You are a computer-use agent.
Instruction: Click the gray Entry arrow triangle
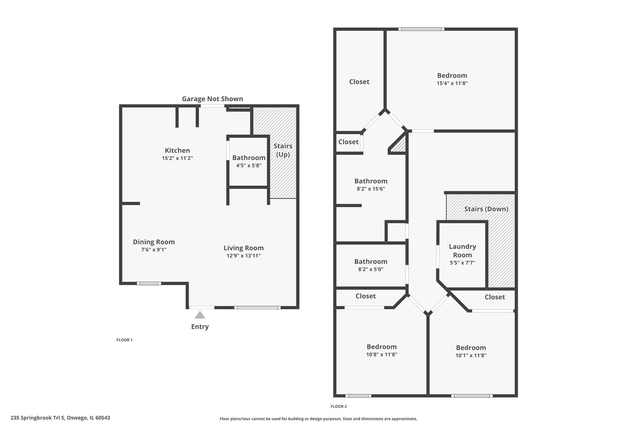coord(200,315)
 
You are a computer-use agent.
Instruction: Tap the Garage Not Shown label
coord(212,99)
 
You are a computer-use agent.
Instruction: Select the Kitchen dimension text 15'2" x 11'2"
coord(177,158)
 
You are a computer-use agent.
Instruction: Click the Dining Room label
coord(154,242)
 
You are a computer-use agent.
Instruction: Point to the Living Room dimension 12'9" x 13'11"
coord(243,256)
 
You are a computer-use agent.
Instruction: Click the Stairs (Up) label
coord(283,150)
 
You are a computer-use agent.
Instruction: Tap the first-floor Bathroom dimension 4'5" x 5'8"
coord(249,166)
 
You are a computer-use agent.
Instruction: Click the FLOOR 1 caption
coord(124,340)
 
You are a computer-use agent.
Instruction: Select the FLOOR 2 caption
coord(339,407)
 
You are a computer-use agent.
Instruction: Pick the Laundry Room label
coord(462,251)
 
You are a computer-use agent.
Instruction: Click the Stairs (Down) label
coord(486,209)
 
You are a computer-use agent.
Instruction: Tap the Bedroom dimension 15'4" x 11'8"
coord(452,83)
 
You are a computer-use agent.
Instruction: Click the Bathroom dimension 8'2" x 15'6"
coord(371,189)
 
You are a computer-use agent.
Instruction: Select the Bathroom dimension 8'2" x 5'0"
coord(371,270)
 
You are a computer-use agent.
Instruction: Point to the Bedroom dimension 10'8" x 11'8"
coord(381,355)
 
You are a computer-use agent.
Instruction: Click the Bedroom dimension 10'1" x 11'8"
coord(471,355)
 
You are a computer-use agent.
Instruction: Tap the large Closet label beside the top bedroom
coord(359,82)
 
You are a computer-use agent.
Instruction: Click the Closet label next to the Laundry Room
coord(495,297)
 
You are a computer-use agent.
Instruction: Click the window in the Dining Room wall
coord(149,283)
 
